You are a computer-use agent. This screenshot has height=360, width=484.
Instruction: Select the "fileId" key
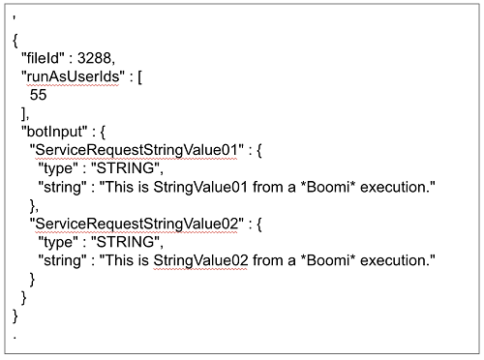pos(45,59)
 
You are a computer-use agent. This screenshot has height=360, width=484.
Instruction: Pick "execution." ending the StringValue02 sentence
pos(396,261)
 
